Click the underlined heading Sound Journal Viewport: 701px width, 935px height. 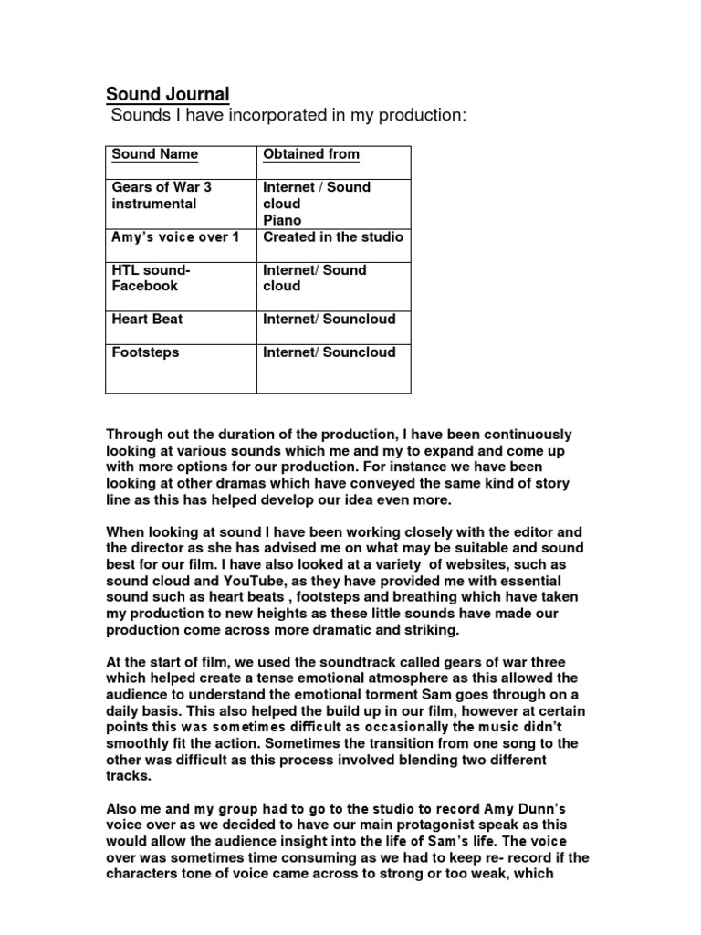[x=168, y=94]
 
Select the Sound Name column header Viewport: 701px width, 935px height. [x=154, y=154]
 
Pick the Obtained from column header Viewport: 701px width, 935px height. [x=310, y=154]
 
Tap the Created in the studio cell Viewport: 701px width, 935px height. [x=332, y=237]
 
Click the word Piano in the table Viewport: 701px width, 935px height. [x=281, y=220]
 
